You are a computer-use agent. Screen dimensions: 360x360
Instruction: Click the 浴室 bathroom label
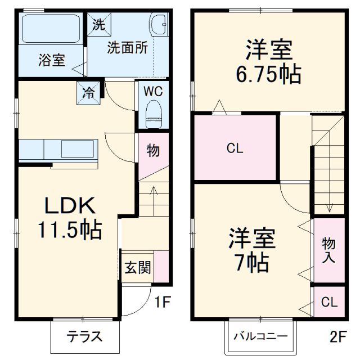coord(51,60)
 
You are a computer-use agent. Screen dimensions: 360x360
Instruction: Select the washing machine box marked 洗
coord(99,24)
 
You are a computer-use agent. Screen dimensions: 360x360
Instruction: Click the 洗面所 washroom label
coord(128,48)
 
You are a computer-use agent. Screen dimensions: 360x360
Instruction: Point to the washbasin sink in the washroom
coord(157,25)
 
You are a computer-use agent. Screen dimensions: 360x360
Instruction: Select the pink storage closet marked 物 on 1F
coord(153,151)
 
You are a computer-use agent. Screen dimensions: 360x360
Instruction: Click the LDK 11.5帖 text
coord(70,218)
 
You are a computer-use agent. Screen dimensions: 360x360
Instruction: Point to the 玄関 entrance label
coord(138,268)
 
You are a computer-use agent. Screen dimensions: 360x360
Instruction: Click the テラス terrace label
coord(85,337)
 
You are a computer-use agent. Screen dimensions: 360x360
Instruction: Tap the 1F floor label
coord(163,303)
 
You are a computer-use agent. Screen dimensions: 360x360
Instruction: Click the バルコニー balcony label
coord(260,337)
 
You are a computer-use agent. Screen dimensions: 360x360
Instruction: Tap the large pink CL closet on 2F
coord(235,148)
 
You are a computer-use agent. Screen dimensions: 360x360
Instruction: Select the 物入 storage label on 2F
coord(328,250)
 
